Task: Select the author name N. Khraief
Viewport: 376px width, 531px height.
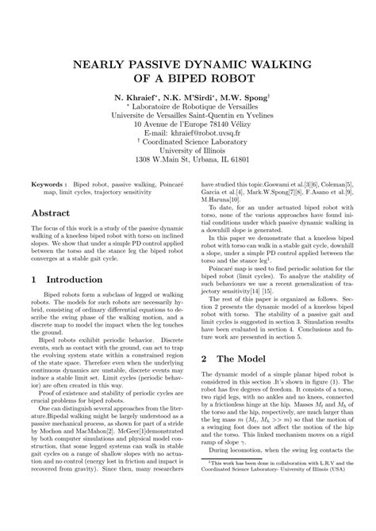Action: (x=135, y=101)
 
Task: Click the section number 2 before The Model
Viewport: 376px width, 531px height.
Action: (x=205, y=359)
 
